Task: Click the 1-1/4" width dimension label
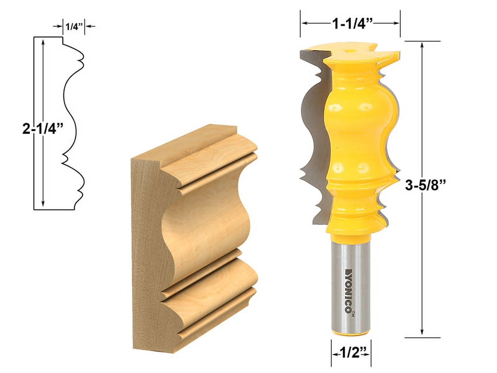click(x=350, y=24)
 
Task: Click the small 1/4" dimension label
click(x=73, y=27)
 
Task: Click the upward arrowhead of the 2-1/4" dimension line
click(x=43, y=42)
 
